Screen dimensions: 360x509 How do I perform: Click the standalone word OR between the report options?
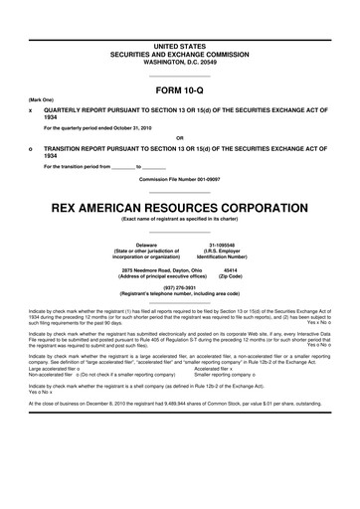(180, 137)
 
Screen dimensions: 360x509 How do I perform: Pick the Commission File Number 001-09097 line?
(180, 177)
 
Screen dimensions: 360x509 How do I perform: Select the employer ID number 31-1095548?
(229, 243)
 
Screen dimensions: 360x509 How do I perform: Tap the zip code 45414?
(230, 268)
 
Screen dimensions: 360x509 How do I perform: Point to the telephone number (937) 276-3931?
(180, 288)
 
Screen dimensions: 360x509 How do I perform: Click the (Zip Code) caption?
(230, 275)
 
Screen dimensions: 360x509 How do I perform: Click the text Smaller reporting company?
(224, 374)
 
